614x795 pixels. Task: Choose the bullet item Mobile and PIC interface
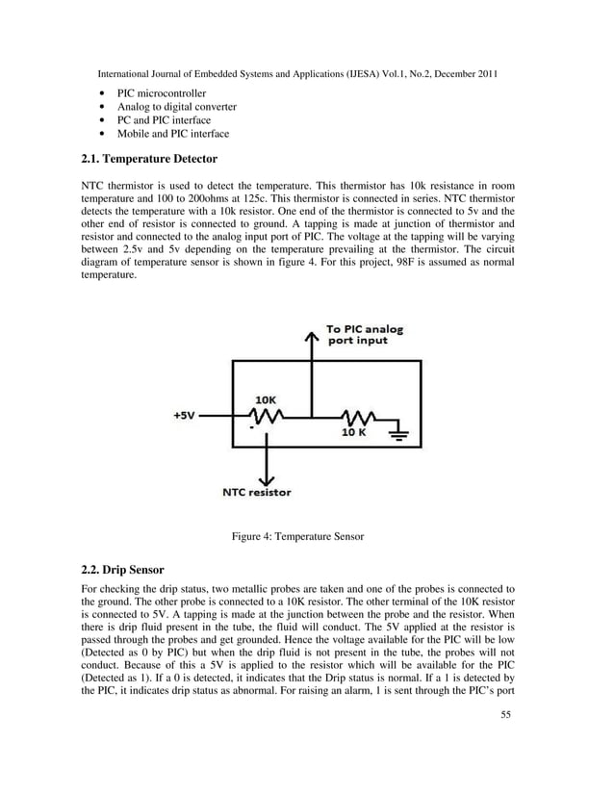point(173,134)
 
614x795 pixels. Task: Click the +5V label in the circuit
point(184,416)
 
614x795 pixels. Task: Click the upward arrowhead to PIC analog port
point(310,335)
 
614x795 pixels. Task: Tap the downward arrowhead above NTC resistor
point(267,477)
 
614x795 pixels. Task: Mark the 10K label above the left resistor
point(267,397)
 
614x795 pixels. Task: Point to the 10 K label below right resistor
point(353,433)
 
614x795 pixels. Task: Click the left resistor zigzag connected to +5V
point(266,416)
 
